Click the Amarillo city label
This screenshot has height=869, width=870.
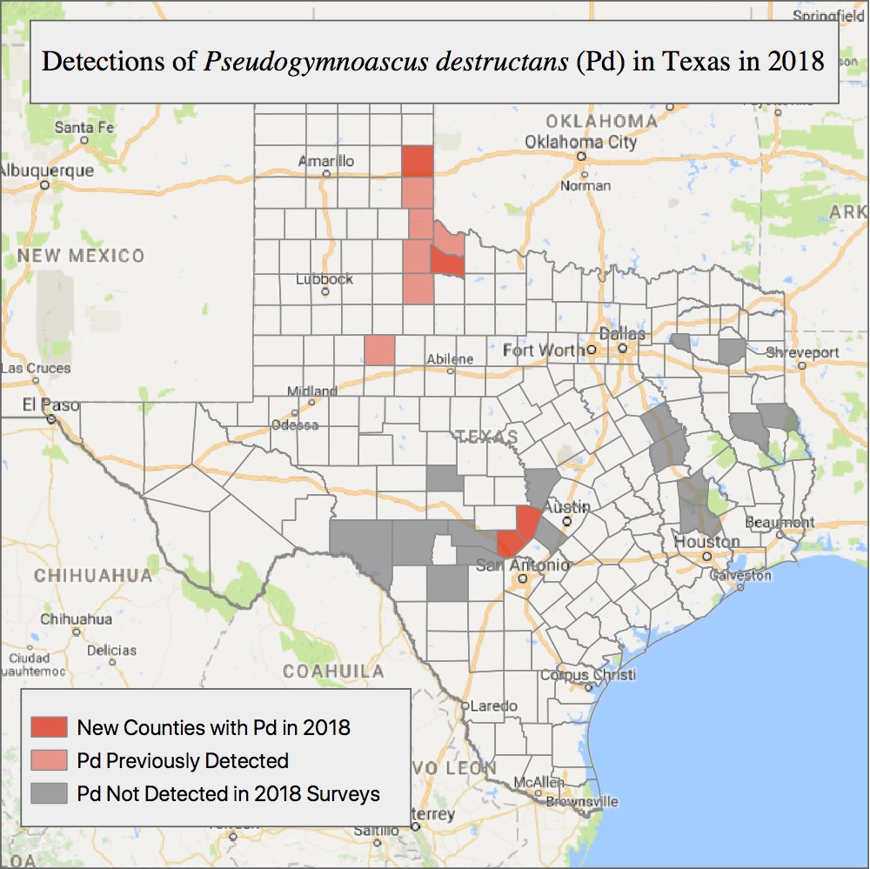point(326,161)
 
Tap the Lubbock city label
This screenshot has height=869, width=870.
point(325,279)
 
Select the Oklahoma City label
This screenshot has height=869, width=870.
point(581,142)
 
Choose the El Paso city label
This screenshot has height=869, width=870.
point(51,405)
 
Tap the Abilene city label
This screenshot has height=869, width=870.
point(450,359)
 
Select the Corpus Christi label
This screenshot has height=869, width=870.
point(588,675)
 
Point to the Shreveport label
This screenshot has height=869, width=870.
point(803,352)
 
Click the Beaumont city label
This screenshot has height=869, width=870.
point(780,522)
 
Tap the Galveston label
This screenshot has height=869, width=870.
point(740,575)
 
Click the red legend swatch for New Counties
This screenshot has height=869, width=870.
point(49,726)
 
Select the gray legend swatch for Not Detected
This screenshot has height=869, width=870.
point(49,793)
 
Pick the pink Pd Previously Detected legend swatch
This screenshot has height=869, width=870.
point(49,760)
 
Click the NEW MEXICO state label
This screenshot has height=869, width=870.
point(81,256)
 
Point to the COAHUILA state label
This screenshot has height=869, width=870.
point(333,672)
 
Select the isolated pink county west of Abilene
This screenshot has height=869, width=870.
point(379,350)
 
